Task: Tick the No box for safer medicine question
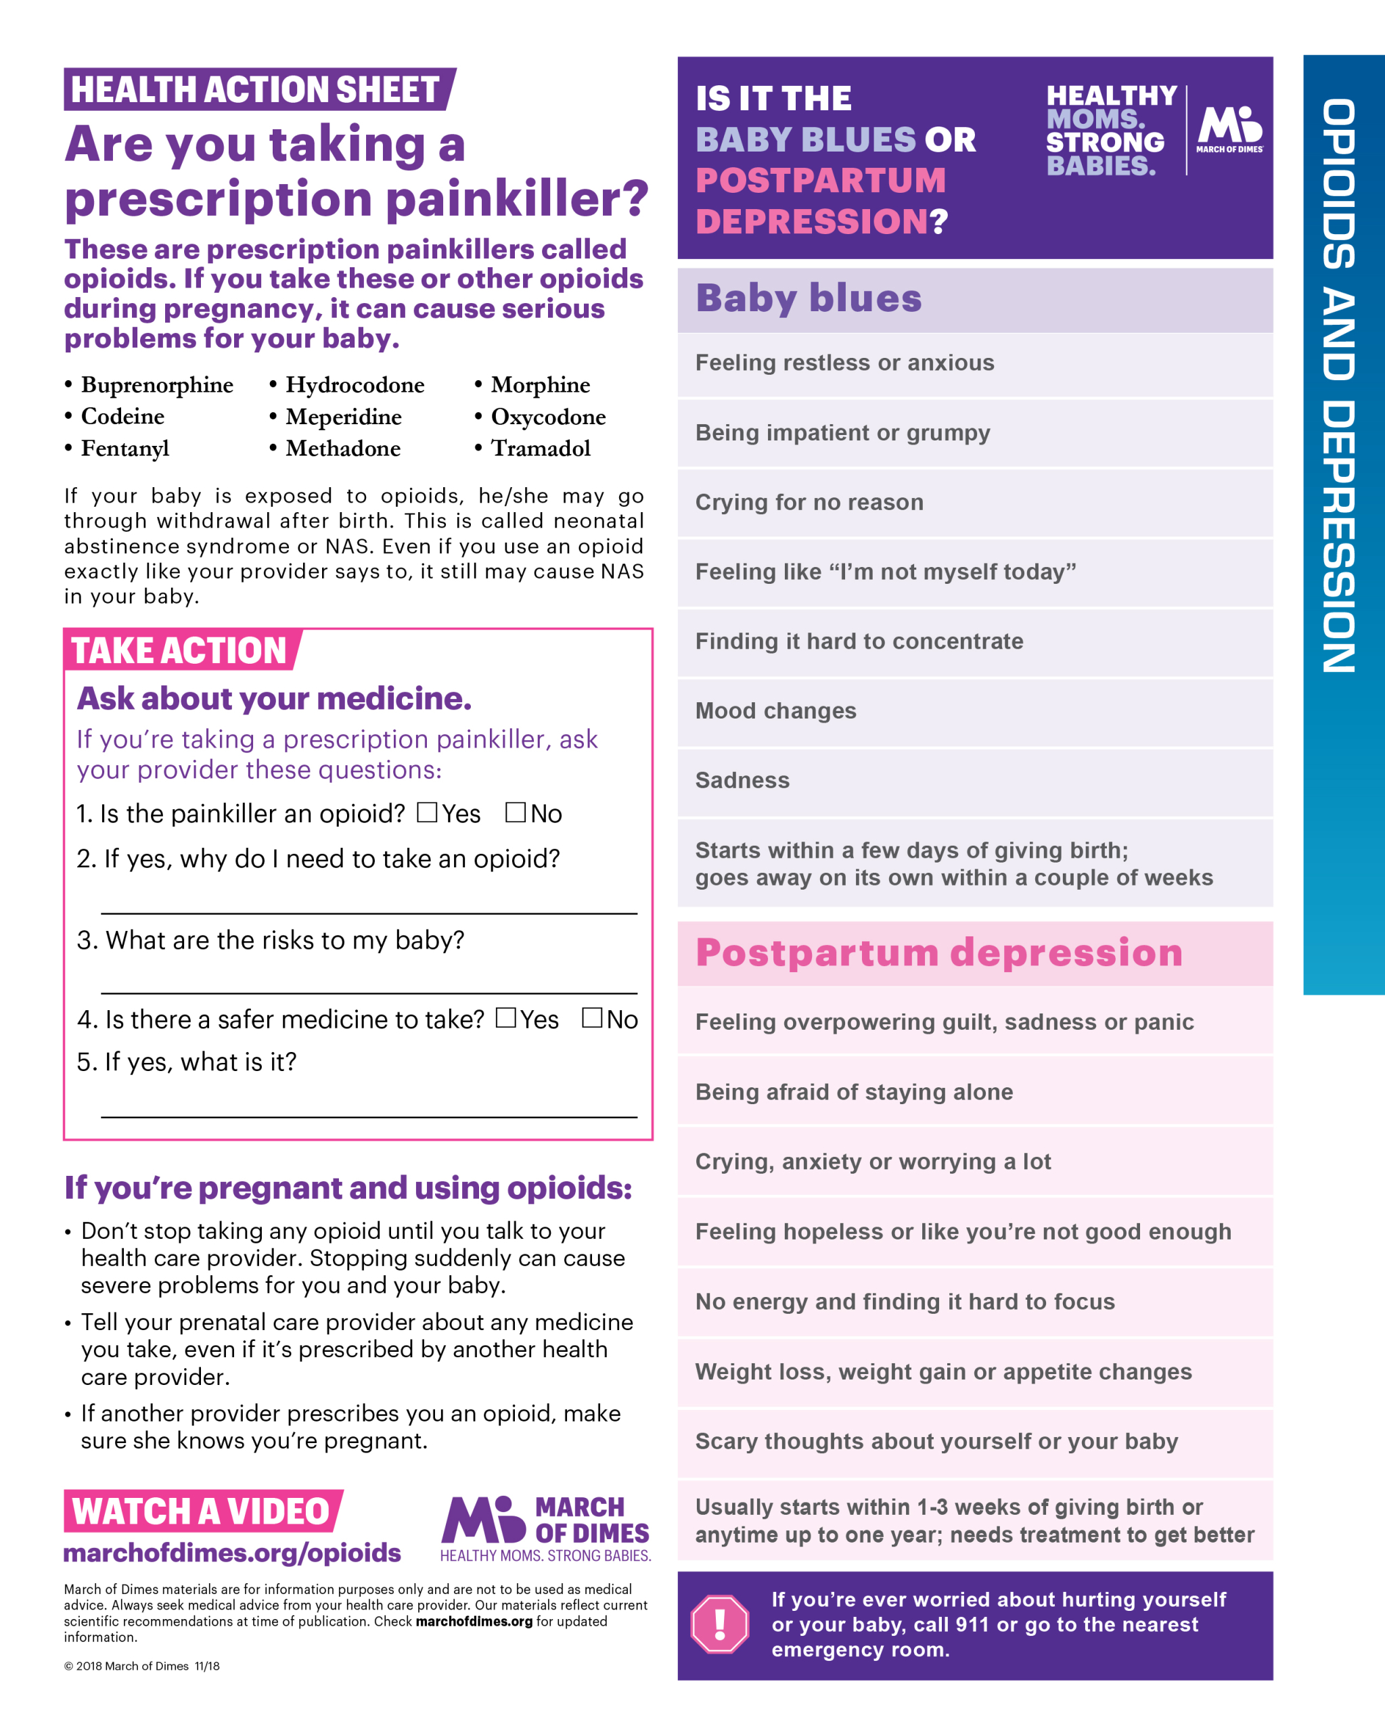[592, 1018]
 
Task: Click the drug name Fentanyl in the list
[124, 449]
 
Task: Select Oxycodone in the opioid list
[548, 417]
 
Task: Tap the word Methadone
[343, 449]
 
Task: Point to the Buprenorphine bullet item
[157, 385]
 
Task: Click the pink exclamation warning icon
[719, 1624]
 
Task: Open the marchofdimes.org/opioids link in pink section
[232, 1553]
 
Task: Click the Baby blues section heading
[808, 298]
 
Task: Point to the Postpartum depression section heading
[938, 953]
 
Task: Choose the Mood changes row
[775, 711]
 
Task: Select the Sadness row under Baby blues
[742, 781]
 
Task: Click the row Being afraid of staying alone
[853, 1092]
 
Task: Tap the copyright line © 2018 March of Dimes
[141, 1666]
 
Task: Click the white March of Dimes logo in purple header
[1229, 129]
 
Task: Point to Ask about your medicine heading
[274, 699]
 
